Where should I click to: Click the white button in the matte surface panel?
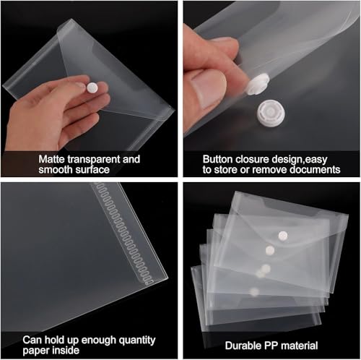click(x=92, y=87)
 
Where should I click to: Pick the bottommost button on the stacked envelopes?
click(x=254, y=291)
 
